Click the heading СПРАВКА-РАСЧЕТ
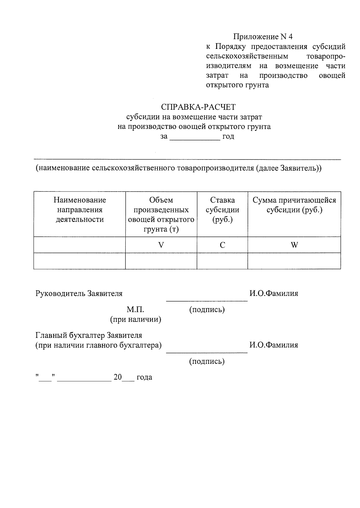point(198,107)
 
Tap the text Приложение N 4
point(263,37)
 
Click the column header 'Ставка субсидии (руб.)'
point(222,210)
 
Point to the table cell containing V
point(161,245)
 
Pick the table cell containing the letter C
point(222,245)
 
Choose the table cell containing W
point(294,245)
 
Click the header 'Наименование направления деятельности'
point(80,210)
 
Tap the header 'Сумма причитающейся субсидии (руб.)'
point(294,205)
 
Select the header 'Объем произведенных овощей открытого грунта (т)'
point(161,215)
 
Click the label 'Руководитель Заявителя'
point(79,293)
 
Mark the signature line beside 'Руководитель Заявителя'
point(207,300)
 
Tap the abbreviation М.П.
point(135,310)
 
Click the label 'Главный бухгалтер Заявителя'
point(89,335)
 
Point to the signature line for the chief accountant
point(207,352)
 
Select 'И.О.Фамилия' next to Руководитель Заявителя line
point(274,293)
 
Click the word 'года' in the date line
point(144,377)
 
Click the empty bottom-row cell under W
point(294,261)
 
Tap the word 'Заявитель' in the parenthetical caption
point(299,168)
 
